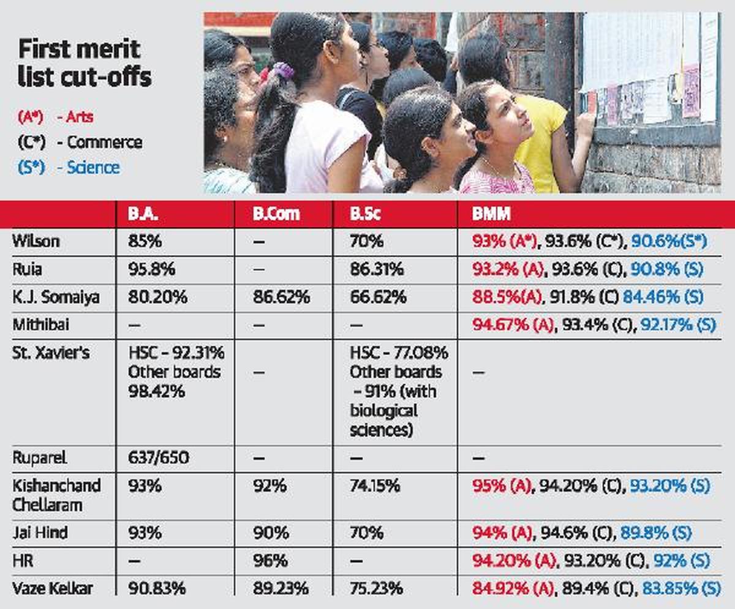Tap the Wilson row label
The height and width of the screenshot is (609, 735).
[36, 241]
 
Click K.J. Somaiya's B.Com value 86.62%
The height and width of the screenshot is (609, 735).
[281, 297]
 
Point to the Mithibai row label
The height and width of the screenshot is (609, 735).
[40, 324]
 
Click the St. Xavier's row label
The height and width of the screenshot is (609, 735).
[50, 353]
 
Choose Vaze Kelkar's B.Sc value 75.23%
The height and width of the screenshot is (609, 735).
[376, 588]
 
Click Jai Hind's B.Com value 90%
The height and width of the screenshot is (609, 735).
[271, 532]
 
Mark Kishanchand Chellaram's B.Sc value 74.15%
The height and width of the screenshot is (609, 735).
[375, 486]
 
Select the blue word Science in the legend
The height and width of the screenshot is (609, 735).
[94, 168]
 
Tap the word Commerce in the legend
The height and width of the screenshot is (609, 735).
[104, 142]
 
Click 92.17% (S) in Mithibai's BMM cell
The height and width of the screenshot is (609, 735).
[678, 324]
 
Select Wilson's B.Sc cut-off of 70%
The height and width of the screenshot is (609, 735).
[367, 241]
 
